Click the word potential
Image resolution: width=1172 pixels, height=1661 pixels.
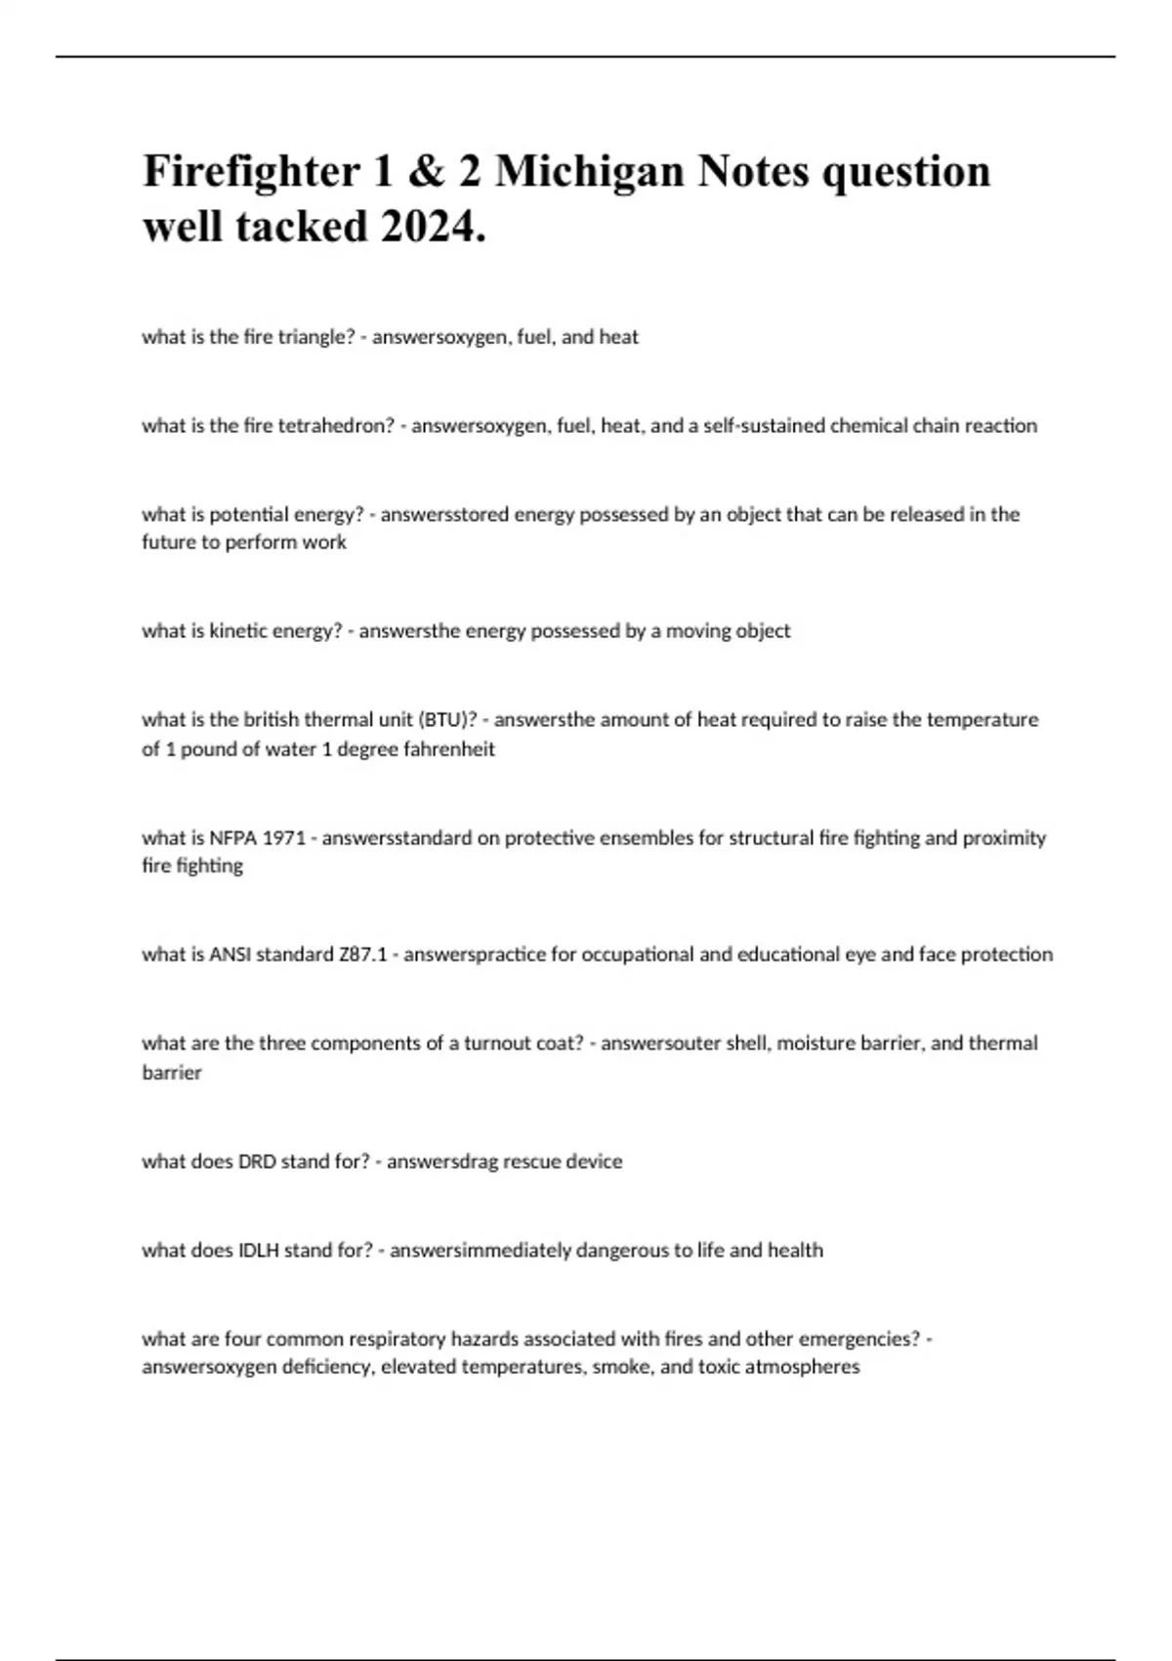click(248, 515)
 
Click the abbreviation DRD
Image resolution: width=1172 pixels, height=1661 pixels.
click(257, 1162)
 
